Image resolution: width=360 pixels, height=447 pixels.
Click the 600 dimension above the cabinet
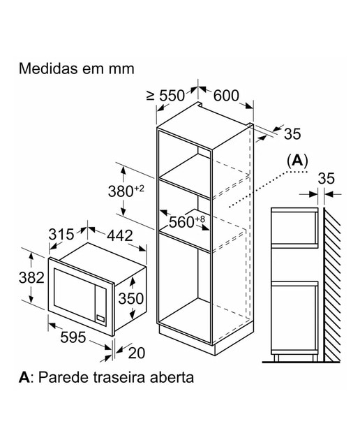click(226, 96)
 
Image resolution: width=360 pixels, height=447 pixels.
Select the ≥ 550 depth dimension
click(166, 96)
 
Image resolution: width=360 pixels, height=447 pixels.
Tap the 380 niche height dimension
click(126, 191)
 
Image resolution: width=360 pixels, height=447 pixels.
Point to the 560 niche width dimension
click(187, 221)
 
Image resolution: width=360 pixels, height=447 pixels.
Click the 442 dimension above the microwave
click(120, 236)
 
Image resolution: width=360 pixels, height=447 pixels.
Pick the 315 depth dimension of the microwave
click(61, 235)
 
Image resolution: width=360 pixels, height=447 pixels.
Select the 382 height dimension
click(31, 277)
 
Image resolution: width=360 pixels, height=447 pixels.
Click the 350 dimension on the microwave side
click(131, 298)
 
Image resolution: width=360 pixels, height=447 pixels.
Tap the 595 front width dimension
click(73, 337)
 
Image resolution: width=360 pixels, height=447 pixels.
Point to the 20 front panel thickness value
click(137, 353)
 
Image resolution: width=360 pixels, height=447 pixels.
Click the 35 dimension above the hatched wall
click(327, 179)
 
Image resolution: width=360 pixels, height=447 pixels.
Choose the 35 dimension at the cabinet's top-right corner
click(292, 133)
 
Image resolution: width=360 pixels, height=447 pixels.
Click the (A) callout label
click(297, 161)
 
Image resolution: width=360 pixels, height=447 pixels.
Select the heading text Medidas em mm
click(76, 68)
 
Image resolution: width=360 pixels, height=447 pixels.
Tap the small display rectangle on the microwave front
click(100, 317)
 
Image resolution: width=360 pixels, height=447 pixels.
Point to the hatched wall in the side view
click(332, 285)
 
